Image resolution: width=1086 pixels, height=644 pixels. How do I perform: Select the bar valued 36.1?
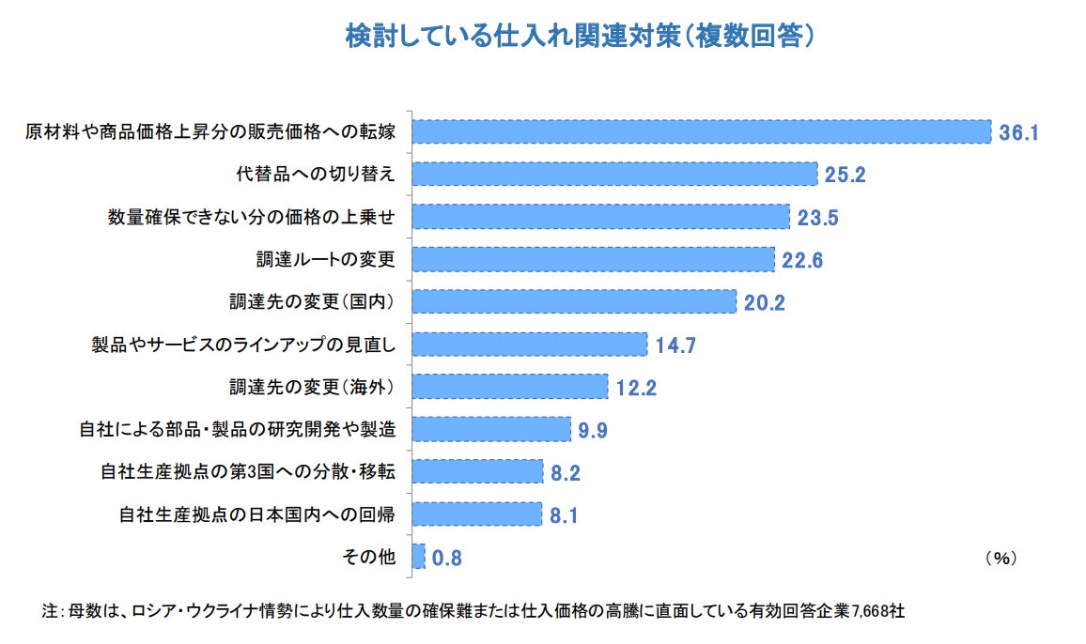pyautogui.click(x=702, y=131)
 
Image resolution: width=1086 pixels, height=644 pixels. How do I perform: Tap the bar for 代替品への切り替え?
pyautogui.click(x=614, y=174)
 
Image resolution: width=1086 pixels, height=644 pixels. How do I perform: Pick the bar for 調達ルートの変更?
pyautogui.click(x=593, y=259)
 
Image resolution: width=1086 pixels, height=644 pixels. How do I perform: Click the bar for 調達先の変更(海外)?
pyautogui.click(x=510, y=387)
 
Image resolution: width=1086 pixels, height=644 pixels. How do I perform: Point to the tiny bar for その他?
pyautogui.click(x=419, y=557)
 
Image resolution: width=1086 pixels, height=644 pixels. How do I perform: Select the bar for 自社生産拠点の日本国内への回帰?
pyautogui.click(x=477, y=514)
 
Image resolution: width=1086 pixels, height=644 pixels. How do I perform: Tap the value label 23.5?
pyautogui.click(x=817, y=218)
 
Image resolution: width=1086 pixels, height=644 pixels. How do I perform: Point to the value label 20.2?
pyautogui.click(x=764, y=302)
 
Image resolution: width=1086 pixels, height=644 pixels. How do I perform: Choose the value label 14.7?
pyautogui.click(x=675, y=345)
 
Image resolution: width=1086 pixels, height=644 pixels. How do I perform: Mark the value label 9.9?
pyautogui.click(x=594, y=431)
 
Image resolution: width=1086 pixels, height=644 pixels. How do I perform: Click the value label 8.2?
pyautogui.click(x=566, y=473)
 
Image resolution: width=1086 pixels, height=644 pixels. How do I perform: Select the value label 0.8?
pyautogui.click(x=447, y=559)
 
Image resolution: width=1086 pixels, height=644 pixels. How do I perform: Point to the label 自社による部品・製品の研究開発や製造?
pyautogui.click(x=237, y=430)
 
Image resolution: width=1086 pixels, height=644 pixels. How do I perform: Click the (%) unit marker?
pyautogui.click(x=1001, y=558)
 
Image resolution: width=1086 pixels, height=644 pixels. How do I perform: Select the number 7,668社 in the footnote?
pyautogui.click(x=879, y=611)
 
